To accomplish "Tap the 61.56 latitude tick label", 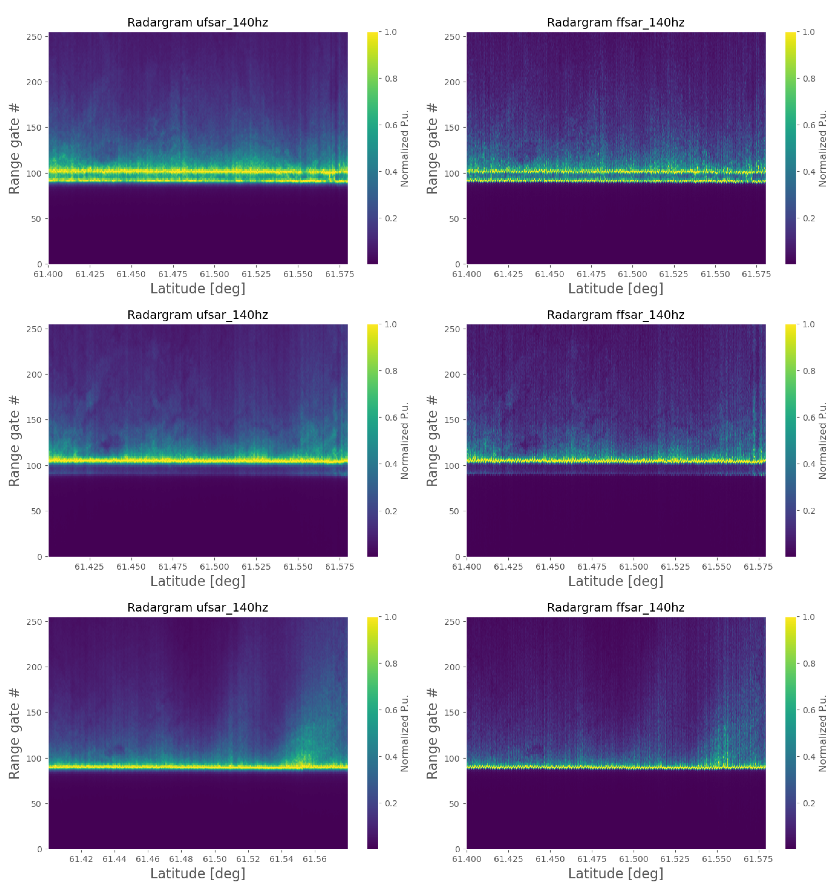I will (x=314, y=859).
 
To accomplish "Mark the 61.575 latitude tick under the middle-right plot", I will (x=758, y=566).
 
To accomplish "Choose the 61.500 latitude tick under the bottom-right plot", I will (x=633, y=859).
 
